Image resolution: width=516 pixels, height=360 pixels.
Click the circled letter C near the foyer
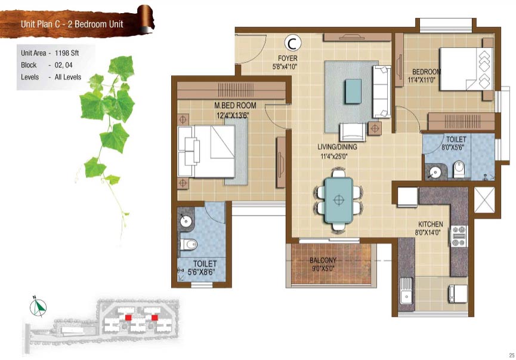292,43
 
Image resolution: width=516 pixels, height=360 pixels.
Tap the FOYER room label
288,59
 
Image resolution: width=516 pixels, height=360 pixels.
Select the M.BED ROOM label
235,106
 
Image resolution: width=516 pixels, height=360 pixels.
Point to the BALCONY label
323,260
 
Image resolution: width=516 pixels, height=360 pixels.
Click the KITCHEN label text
431,224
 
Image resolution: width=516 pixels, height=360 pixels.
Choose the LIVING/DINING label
337,147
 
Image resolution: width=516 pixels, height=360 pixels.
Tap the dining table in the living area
339,200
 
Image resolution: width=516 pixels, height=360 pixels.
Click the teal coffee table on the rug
353,91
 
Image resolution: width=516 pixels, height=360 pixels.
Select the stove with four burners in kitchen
458,236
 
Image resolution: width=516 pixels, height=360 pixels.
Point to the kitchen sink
406,291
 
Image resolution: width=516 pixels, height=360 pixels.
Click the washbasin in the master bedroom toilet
186,221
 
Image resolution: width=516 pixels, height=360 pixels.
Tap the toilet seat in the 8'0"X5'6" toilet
458,170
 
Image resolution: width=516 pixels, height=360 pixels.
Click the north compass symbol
38,307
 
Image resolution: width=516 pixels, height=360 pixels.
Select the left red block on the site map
128,317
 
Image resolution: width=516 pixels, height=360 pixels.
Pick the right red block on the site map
155,317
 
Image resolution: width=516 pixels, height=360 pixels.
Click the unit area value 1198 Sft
67,53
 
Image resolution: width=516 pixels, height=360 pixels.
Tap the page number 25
511,355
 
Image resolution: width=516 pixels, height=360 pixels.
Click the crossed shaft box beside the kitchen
484,200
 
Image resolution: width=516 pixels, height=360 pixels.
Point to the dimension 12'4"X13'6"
233,115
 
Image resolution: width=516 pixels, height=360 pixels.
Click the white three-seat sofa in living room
381,91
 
